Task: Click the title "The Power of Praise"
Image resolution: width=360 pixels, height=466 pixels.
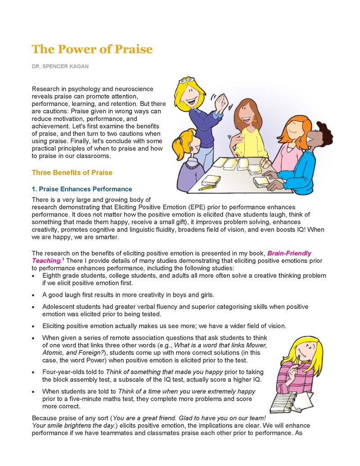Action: pos(92,49)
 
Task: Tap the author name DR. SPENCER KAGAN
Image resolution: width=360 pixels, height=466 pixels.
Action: pos(60,67)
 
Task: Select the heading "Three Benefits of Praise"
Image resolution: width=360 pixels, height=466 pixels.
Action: pos(72,172)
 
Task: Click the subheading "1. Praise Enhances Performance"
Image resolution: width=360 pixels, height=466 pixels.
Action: pos(82,189)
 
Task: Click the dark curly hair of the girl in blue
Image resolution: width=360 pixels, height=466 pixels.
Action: pos(323,131)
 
